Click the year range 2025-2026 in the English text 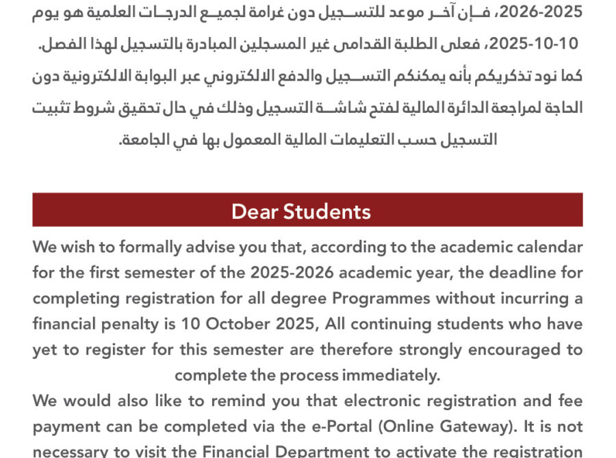point(292,273)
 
